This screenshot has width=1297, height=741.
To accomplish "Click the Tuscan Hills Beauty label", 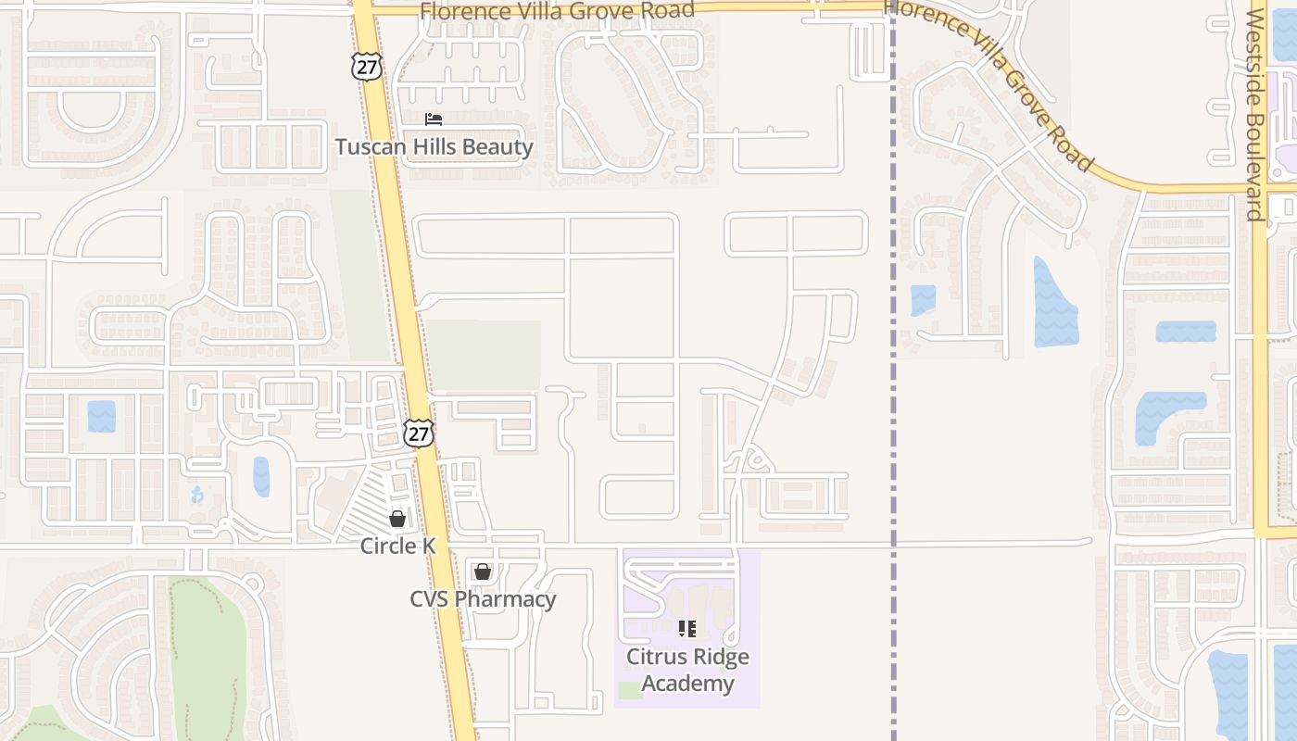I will coord(434,147).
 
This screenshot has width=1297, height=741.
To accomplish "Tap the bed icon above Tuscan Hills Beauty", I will coord(433,119).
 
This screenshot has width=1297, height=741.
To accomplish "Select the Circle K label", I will coord(397,546).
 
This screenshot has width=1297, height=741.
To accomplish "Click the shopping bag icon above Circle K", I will coord(397,519).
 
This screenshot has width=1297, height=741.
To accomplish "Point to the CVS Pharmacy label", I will coord(483,599).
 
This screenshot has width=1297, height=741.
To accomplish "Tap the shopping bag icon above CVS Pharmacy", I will coord(482,571).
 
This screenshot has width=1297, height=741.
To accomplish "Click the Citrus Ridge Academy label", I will coord(687,670).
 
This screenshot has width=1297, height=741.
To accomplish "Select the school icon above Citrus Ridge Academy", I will coord(687,630).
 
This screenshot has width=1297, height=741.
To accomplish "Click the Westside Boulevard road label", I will coord(1255,116).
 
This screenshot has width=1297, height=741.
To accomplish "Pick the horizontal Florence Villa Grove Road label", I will coord(557,11).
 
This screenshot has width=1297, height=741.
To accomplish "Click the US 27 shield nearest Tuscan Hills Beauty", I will coord(366,65).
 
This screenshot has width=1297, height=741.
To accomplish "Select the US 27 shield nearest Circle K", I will coord(419,433).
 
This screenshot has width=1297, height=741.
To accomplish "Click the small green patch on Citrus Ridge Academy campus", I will coord(630,690).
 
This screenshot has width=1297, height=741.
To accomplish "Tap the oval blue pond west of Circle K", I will coord(261,476).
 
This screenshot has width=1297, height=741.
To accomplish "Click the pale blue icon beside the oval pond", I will coord(196,495).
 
